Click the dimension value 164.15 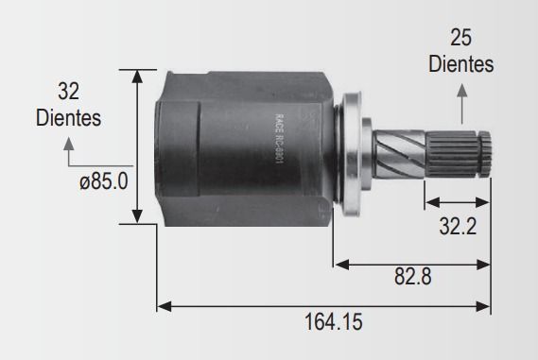pos(333,322)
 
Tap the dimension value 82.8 pos(413,276)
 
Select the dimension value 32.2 pos(458,226)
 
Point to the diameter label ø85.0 pos(104,181)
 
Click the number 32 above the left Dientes pos(68,91)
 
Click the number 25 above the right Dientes pos(460,38)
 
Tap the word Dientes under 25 pos(460,63)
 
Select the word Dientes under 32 pos(68,117)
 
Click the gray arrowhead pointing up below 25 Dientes pos(462,90)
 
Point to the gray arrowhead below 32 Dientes pos(69,144)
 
